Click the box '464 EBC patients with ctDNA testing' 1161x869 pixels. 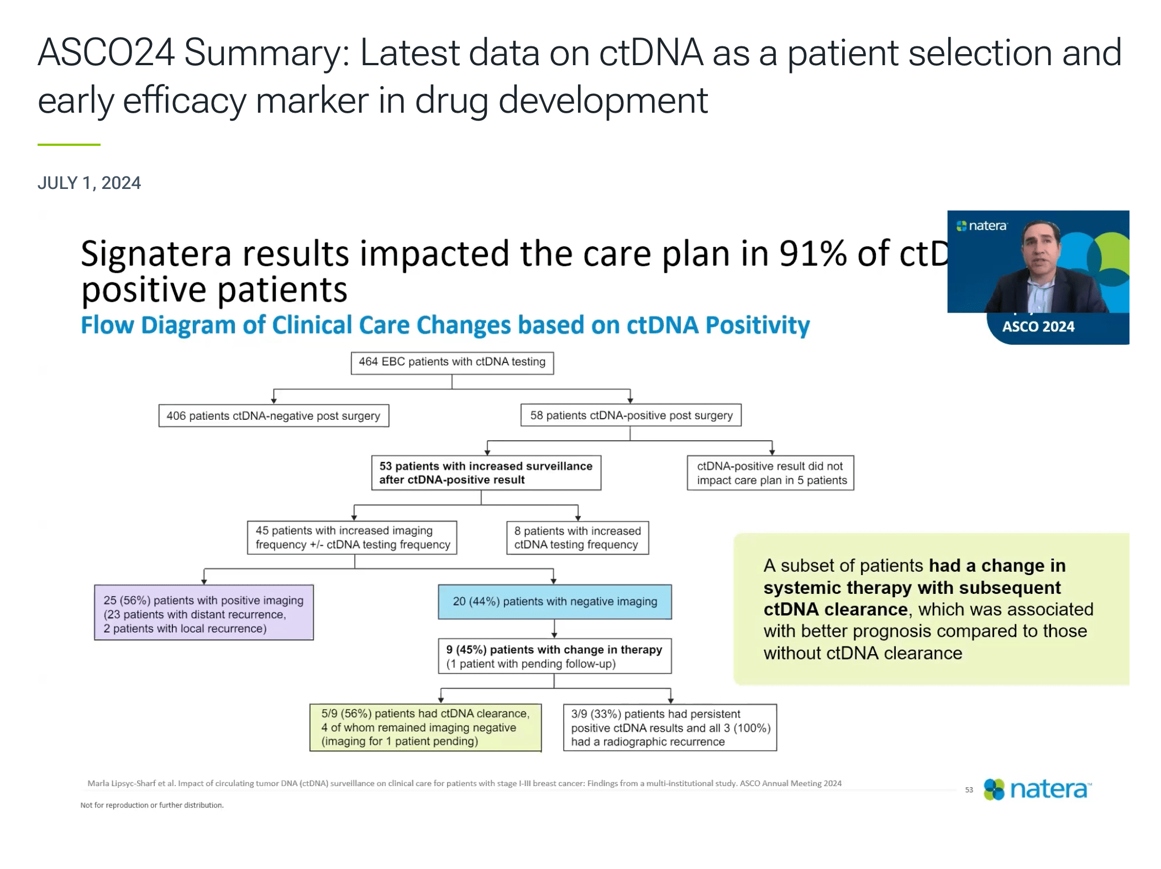tap(452, 362)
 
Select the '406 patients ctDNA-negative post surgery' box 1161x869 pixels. tap(274, 415)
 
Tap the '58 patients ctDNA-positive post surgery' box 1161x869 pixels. tap(631, 415)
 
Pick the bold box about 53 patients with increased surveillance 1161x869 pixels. tap(486, 473)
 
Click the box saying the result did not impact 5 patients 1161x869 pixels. tap(771, 473)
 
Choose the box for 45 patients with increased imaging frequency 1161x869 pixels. tap(352, 538)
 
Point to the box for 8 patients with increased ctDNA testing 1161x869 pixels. tap(577, 538)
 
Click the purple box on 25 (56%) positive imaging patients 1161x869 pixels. tap(204, 613)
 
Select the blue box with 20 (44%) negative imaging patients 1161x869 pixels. tap(555, 602)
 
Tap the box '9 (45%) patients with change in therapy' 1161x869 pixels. tap(555, 656)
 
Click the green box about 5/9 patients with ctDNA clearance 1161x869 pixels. tap(425, 728)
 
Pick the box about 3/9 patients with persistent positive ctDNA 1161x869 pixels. tap(670, 728)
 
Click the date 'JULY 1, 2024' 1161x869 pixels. tap(89, 183)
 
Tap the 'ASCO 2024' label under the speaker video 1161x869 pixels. tap(1038, 327)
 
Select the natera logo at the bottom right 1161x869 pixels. tap(1037, 789)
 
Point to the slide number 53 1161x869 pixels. tap(969, 790)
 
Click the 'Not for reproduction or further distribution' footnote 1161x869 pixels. tap(152, 805)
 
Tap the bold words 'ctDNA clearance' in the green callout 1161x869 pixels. tap(835, 609)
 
